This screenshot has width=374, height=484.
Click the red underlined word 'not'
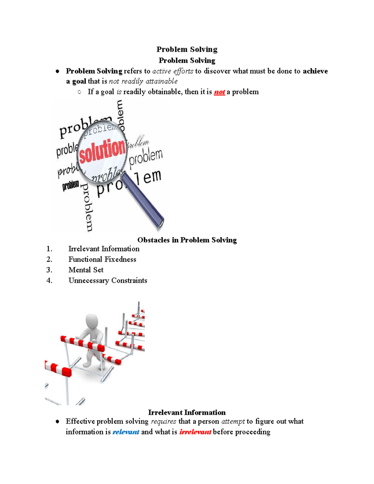point(219,92)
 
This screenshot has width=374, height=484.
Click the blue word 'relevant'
point(126,432)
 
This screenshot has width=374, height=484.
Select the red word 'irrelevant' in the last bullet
point(195,432)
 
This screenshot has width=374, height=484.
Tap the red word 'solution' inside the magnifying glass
point(102,151)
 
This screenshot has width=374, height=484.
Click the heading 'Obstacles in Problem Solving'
point(187,240)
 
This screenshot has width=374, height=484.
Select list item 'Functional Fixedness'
point(102,259)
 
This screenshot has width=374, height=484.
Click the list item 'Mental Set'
point(86,270)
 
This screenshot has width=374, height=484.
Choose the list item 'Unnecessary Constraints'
point(108,280)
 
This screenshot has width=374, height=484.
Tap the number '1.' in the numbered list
point(49,249)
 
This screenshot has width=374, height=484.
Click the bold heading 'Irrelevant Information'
point(187,413)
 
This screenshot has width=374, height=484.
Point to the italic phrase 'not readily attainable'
point(143,81)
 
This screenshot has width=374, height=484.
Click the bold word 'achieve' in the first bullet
point(315,71)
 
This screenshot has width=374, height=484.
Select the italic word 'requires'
point(163,421)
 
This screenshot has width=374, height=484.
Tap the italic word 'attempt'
point(233,421)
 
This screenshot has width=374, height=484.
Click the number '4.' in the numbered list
point(49,280)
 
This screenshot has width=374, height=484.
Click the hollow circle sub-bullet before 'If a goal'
point(79,92)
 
